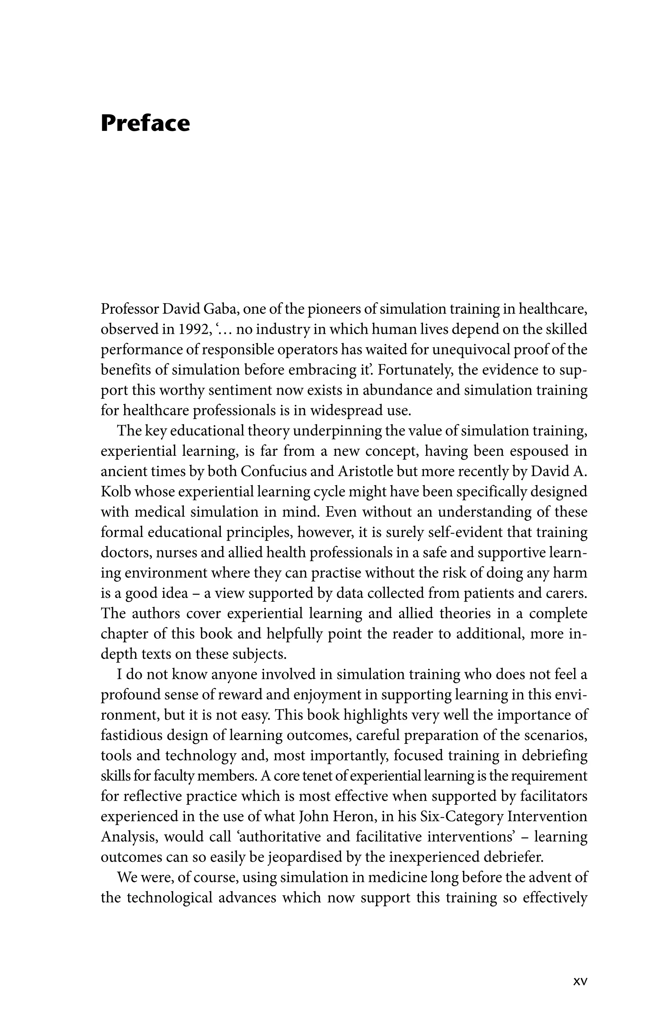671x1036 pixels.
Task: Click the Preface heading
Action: click(x=145, y=123)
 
